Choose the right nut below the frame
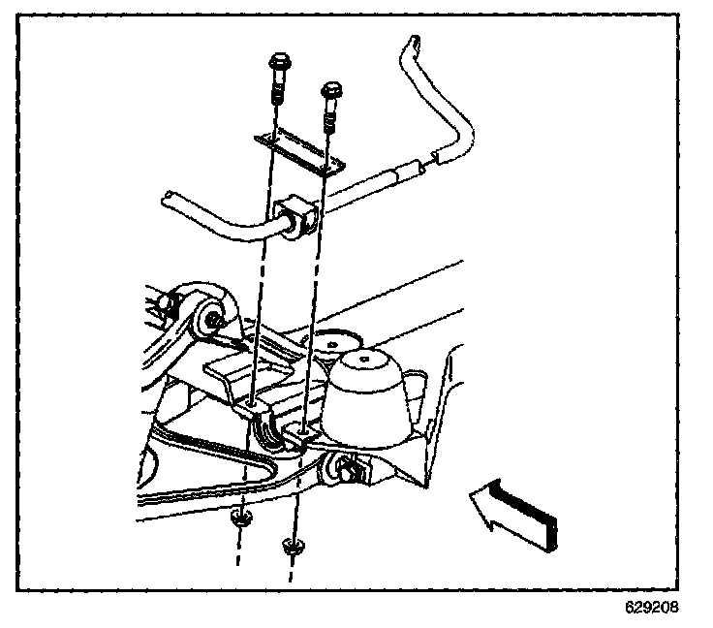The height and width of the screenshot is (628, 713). point(290,549)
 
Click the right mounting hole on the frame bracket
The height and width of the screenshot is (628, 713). point(304,427)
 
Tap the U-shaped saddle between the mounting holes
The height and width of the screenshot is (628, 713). point(276,432)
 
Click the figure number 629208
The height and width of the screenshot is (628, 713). point(651,609)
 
